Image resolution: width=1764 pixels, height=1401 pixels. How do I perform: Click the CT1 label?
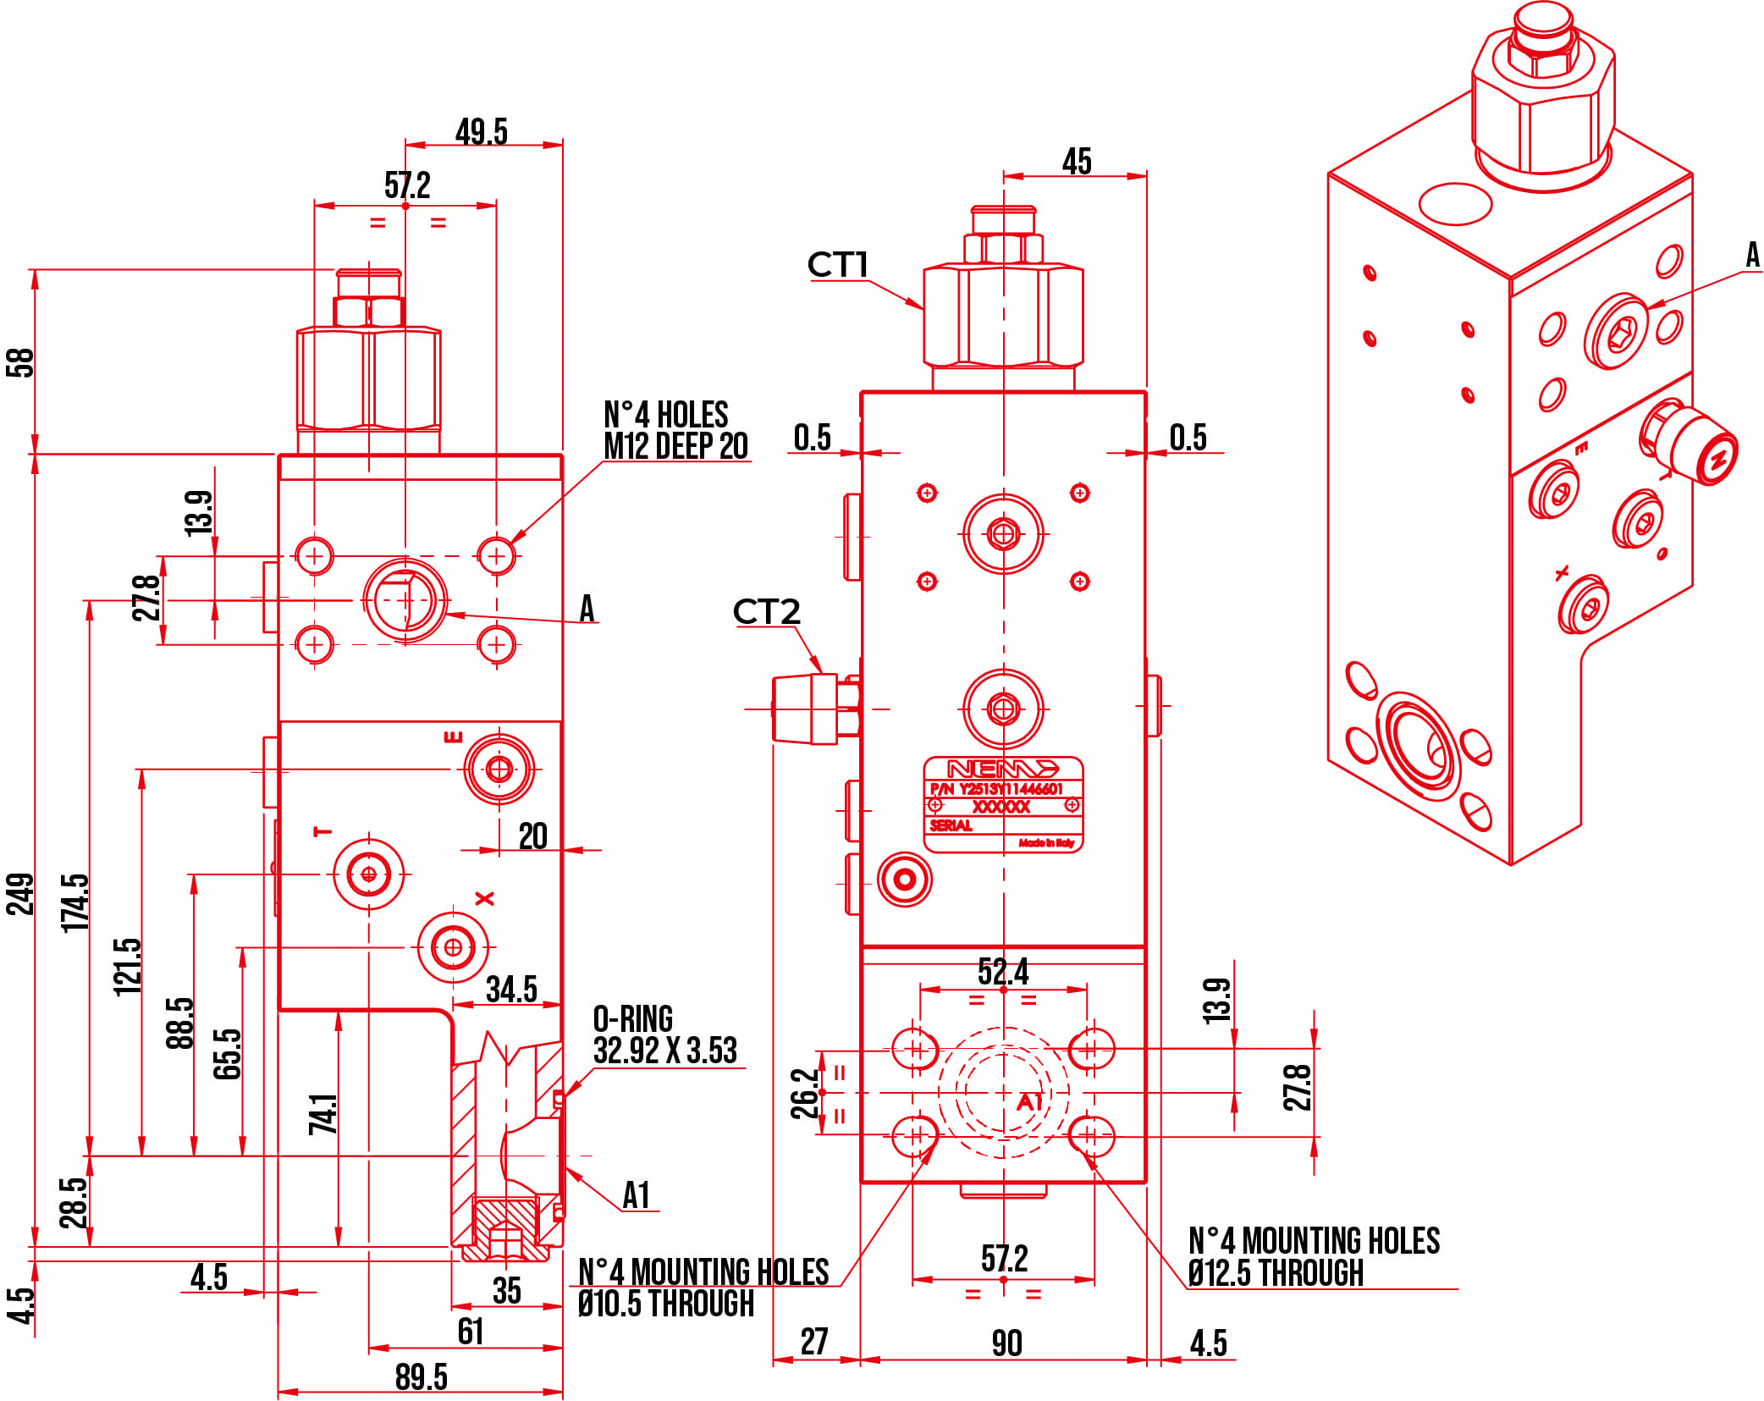click(x=837, y=265)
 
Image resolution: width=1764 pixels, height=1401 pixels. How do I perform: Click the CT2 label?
click(x=765, y=612)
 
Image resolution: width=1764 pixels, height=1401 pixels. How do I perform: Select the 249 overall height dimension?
click(x=20, y=894)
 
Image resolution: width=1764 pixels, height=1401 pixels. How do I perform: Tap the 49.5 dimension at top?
click(x=481, y=132)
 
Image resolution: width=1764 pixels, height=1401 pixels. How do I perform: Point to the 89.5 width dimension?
click(x=421, y=1377)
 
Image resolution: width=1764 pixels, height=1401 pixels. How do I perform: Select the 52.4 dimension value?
click(x=1003, y=972)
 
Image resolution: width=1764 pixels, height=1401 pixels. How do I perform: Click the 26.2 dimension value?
click(x=805, y=1093)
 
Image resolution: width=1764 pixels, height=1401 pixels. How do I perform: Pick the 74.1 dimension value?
click(x=322, y=1114)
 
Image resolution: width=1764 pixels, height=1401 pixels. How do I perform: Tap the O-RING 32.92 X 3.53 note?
click(x=664, y=1035)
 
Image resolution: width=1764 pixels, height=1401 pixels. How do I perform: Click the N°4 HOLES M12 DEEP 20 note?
click(x=675, y=431)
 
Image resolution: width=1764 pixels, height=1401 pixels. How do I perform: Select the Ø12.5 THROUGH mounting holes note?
click(x=1313, y=1258)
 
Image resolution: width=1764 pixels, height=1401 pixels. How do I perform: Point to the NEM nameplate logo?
click(x=1002, y=769)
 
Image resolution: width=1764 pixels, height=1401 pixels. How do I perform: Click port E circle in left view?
click(x=499, y=769)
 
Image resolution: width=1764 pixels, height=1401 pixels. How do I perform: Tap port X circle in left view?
click(x=453, y=946)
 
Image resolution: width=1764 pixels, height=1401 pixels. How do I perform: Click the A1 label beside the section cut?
click(x=636, y=1195)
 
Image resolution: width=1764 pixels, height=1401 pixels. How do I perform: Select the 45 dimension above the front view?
click(x=1076, y=161)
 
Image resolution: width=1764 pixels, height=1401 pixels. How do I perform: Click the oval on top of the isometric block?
click(x=1454, y=204)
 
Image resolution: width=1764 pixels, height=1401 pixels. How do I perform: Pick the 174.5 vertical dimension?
click(x=75, y=902)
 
